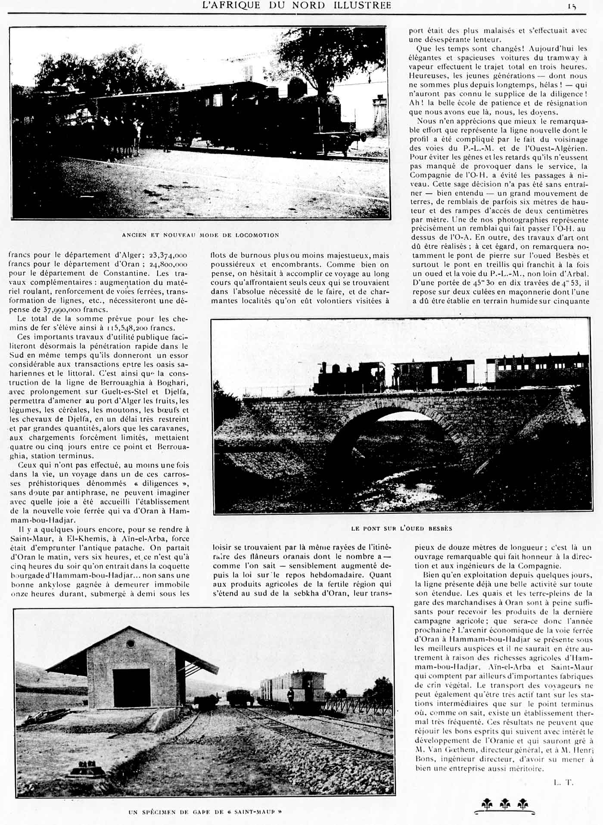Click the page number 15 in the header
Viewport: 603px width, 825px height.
click(572, 6)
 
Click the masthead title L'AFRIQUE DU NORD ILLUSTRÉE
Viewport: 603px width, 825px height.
click(297, 5)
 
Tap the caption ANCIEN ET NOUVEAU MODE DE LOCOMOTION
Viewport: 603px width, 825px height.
click(200, 235)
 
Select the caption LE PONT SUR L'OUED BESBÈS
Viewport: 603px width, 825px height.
click(401, 528)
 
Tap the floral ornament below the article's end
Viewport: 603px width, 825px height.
click(505, 804)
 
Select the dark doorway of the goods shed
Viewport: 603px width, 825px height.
click(131, 688)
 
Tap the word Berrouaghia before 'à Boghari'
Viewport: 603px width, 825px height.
click(129, 383)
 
